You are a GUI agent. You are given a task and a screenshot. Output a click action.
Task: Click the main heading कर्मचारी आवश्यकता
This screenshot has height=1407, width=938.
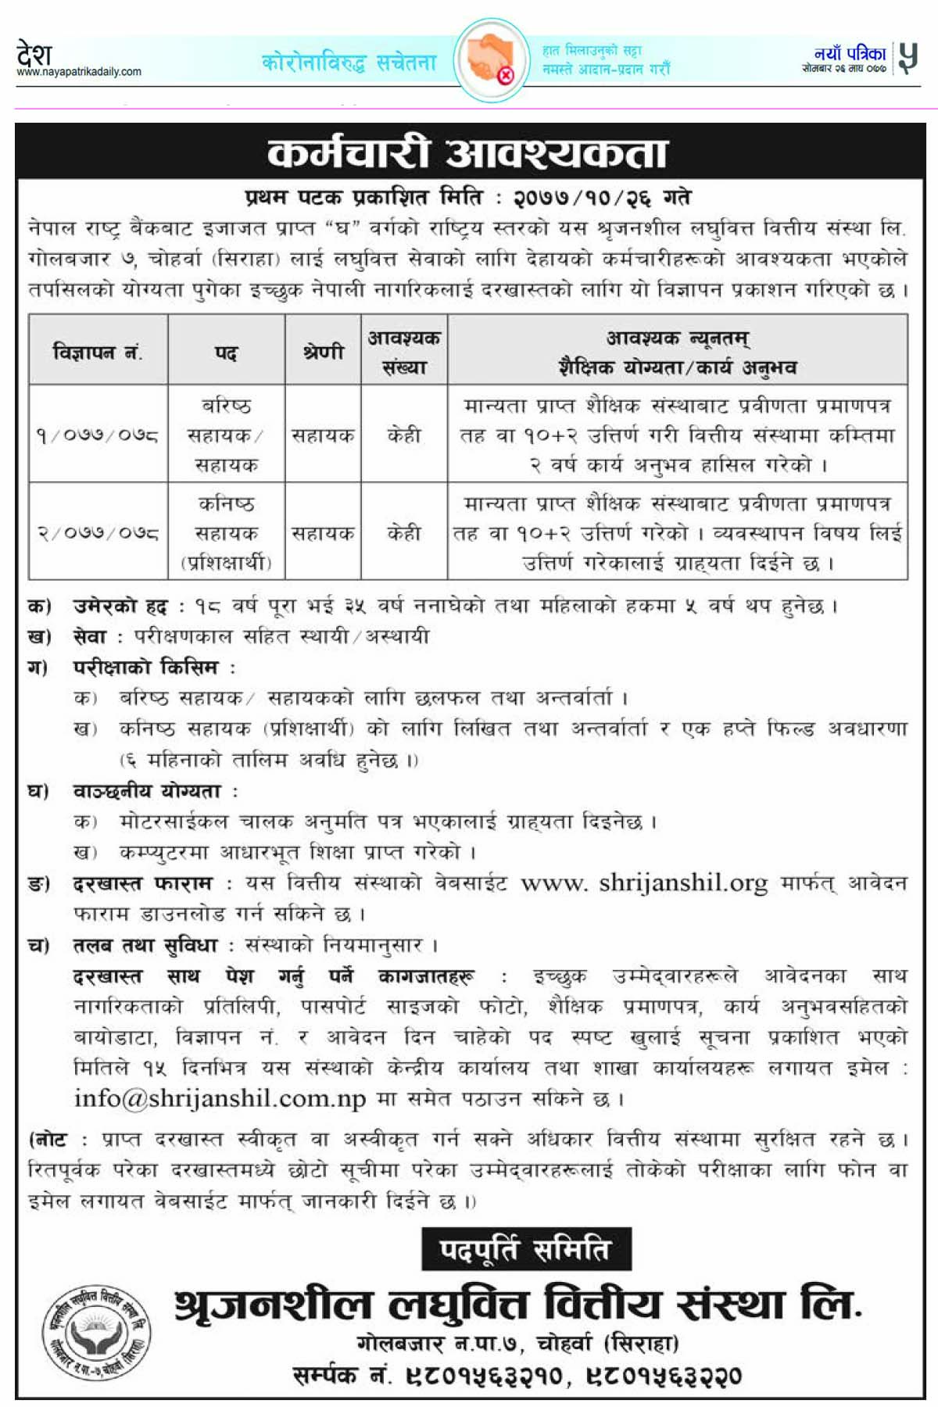click(x=467, y=152)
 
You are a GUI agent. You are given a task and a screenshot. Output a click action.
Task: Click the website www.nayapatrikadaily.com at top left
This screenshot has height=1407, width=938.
click(x=79, y=72)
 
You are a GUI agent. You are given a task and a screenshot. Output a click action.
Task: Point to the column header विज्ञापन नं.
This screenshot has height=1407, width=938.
click(x=98, y=353)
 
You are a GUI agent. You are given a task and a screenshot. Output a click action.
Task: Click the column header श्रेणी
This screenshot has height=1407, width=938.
click(x=323, y=353)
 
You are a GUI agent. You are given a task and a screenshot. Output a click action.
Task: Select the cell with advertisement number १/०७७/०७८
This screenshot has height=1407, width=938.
click(x=98, y=435)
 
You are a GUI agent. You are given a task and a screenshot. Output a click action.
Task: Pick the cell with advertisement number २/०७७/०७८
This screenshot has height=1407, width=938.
click(x=98, y=533)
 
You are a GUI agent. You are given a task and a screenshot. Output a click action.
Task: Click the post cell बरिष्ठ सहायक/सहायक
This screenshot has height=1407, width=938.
click(x=226, y=435)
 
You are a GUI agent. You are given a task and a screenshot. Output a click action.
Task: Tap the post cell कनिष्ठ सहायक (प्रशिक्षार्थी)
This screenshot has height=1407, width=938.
click(x=226, y=533)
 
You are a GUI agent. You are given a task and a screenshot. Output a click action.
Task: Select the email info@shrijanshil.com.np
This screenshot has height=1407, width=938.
click(x=220, y=1099)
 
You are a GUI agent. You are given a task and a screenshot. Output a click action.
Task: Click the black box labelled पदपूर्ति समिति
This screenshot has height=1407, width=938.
click(x=525, y=1249)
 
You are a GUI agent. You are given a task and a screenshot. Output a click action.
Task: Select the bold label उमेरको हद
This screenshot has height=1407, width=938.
click(x=120, y=607)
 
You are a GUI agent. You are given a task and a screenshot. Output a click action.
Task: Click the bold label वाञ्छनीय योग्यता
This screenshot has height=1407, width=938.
click(x=147, y=791)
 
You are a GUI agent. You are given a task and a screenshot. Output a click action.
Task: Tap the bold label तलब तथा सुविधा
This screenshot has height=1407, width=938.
click(x=145, y=946)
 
